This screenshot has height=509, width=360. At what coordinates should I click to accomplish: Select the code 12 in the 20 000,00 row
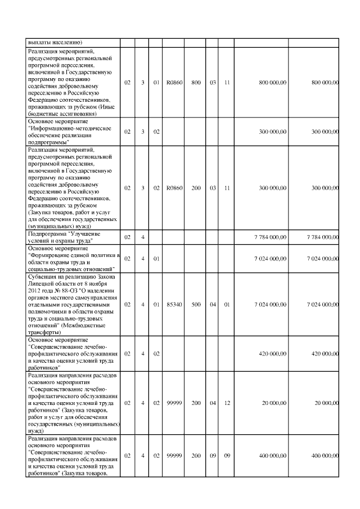coord(227,403)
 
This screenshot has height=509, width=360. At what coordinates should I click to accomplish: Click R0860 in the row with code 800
coord(173,83)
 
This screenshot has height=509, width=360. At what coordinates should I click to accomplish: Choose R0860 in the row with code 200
coord(173,187)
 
